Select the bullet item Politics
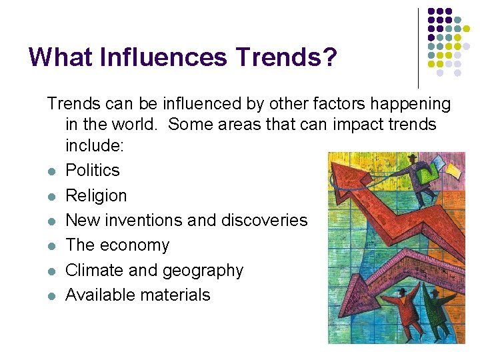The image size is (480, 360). click(x=93, y=171)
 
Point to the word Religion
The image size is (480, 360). click(x=96, y=195)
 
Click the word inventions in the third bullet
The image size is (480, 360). click(x=150, y=220)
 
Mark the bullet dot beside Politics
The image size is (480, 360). click(x=51, y=172)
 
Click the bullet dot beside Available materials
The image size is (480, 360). click(x=51, y=296)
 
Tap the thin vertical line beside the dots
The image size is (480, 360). click(x=418, y=47)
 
